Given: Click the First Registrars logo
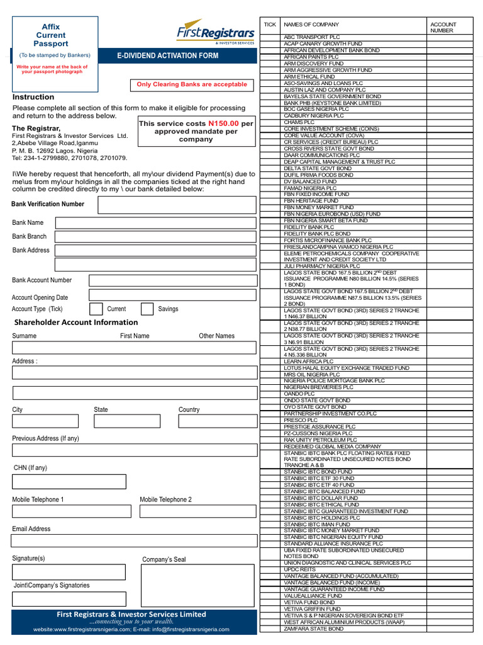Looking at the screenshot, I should tap(215, 32).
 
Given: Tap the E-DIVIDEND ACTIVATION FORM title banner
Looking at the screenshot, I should tap(168, 56).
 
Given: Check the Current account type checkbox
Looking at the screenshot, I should tap(96, 309).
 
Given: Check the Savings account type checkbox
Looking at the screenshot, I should tap(147, 309).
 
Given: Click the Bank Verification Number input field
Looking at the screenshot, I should tap(176, 205).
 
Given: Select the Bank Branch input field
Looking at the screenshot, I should tap(155, 236).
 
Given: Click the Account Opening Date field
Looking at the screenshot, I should tap(172, 295).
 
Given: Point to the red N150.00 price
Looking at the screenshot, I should tap(223, 124).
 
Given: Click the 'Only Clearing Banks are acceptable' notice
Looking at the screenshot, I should tap(192, 84).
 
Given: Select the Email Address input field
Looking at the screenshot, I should tap(134, 540).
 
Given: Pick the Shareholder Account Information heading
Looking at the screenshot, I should tap(76, 322).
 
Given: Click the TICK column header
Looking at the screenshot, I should tap(270, 25).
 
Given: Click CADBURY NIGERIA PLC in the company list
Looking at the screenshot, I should tap(314, 116).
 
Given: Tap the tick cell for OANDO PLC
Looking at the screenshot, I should tap(270, 394).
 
